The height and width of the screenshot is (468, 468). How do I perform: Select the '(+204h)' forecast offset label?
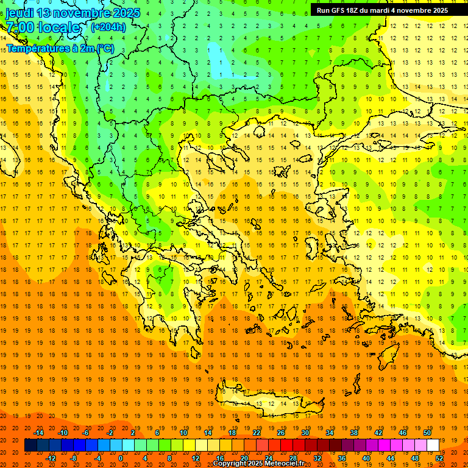108,27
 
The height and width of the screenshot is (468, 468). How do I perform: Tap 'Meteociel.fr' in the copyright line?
283,464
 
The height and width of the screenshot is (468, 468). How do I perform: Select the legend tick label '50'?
427,433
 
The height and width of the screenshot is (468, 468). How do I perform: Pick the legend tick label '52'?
439,458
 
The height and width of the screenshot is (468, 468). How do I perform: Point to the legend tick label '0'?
121,458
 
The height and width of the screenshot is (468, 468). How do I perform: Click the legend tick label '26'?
281,433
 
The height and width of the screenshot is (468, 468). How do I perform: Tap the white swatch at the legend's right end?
433,445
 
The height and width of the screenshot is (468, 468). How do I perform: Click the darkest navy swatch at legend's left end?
30,445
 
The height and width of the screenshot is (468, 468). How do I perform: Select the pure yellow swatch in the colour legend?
189,445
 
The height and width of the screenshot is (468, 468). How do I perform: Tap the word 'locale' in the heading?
58,27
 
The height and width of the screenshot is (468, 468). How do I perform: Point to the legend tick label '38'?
353,433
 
